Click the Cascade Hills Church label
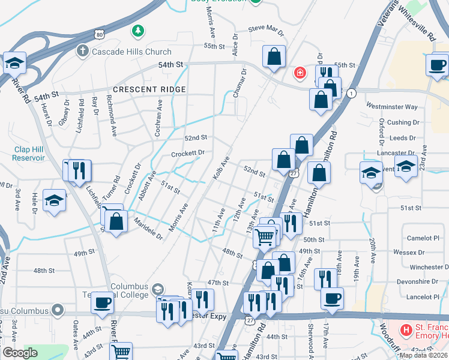pyautogui.click(x=131, y=52)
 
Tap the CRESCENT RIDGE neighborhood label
pyautogui.click(x=149, y=89)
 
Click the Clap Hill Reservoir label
pyautogui.click(x=28, y=154)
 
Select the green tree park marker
pyautogui.click(x=138, y=29)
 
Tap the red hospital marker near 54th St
pyautogui.click(x=299, y=74)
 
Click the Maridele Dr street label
pyautogui.click(x=148, y=229)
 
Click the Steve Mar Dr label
pyautogui.click(x=265, y=28)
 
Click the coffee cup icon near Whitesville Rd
pyautogui.click(x=437, y=64)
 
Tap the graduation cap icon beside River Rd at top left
pyautogui.click(x=14, y=62)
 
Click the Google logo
pyautogui.click(x=20, y=353)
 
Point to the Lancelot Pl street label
pyautogui.click(x=424, y=297)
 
